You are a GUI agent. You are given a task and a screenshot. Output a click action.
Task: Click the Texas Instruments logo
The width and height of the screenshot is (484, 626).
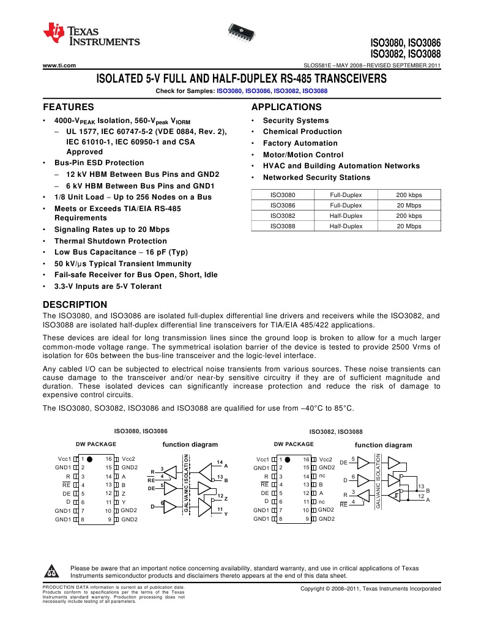coord(91,36)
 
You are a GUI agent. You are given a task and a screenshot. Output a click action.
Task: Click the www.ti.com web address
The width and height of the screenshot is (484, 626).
coord(59,65)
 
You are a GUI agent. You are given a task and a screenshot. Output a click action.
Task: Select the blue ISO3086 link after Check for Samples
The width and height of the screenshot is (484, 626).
coord(257,91)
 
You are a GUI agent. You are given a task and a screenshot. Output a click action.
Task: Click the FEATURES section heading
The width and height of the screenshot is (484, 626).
coord(68,106)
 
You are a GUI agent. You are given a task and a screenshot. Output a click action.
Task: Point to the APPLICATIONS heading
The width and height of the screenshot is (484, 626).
coord(286,106)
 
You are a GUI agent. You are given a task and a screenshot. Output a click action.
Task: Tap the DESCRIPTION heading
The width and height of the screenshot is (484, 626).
coord(75,305)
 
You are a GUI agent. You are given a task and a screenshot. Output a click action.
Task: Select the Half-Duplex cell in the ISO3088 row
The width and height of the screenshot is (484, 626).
coord(346,226)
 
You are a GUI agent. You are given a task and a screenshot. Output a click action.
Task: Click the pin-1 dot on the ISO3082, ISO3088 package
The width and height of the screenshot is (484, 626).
coord(287,459)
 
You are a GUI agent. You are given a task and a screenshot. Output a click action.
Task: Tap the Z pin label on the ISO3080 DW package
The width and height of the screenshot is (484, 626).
coord(124,493)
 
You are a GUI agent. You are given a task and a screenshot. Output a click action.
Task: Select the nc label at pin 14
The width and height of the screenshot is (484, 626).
coord(322,476)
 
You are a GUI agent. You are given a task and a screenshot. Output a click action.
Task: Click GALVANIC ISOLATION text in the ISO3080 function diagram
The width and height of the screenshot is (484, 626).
coord(186,483)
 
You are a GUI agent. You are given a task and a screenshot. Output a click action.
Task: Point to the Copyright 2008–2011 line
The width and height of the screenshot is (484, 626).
coord(370,589)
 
